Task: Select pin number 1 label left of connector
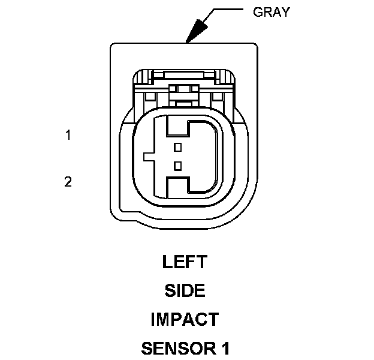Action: [x=68, y=136]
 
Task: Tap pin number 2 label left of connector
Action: [x=68, y=181]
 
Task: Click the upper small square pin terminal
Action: [x=177, y=147]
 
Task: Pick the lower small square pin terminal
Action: [x=177, y=166]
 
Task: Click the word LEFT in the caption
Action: [x=185, y=262]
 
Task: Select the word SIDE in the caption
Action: [x=185, y=291]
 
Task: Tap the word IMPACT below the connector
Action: [x=185, y=319]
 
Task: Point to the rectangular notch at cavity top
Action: [x=177, y=125]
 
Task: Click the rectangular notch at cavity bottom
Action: [x=177, y=187]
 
